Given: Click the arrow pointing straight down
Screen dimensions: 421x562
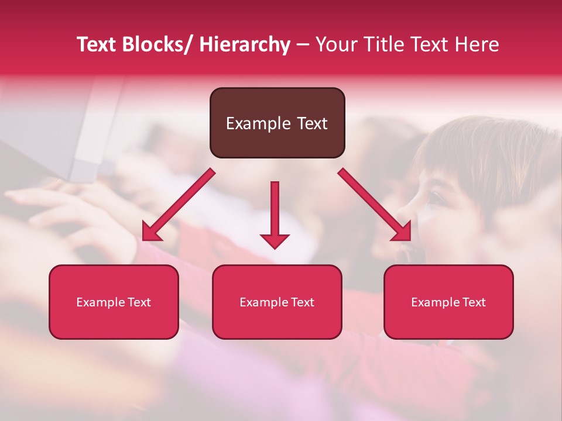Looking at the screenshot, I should point(275,214).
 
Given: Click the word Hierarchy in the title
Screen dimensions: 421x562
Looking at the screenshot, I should point(245,44).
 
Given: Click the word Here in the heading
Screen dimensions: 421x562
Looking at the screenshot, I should point(478,44).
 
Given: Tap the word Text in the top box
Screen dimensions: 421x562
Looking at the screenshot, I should point(311,123).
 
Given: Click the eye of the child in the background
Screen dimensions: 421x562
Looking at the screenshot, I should point(436,199).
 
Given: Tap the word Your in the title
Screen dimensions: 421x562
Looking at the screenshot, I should point(335,44).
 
